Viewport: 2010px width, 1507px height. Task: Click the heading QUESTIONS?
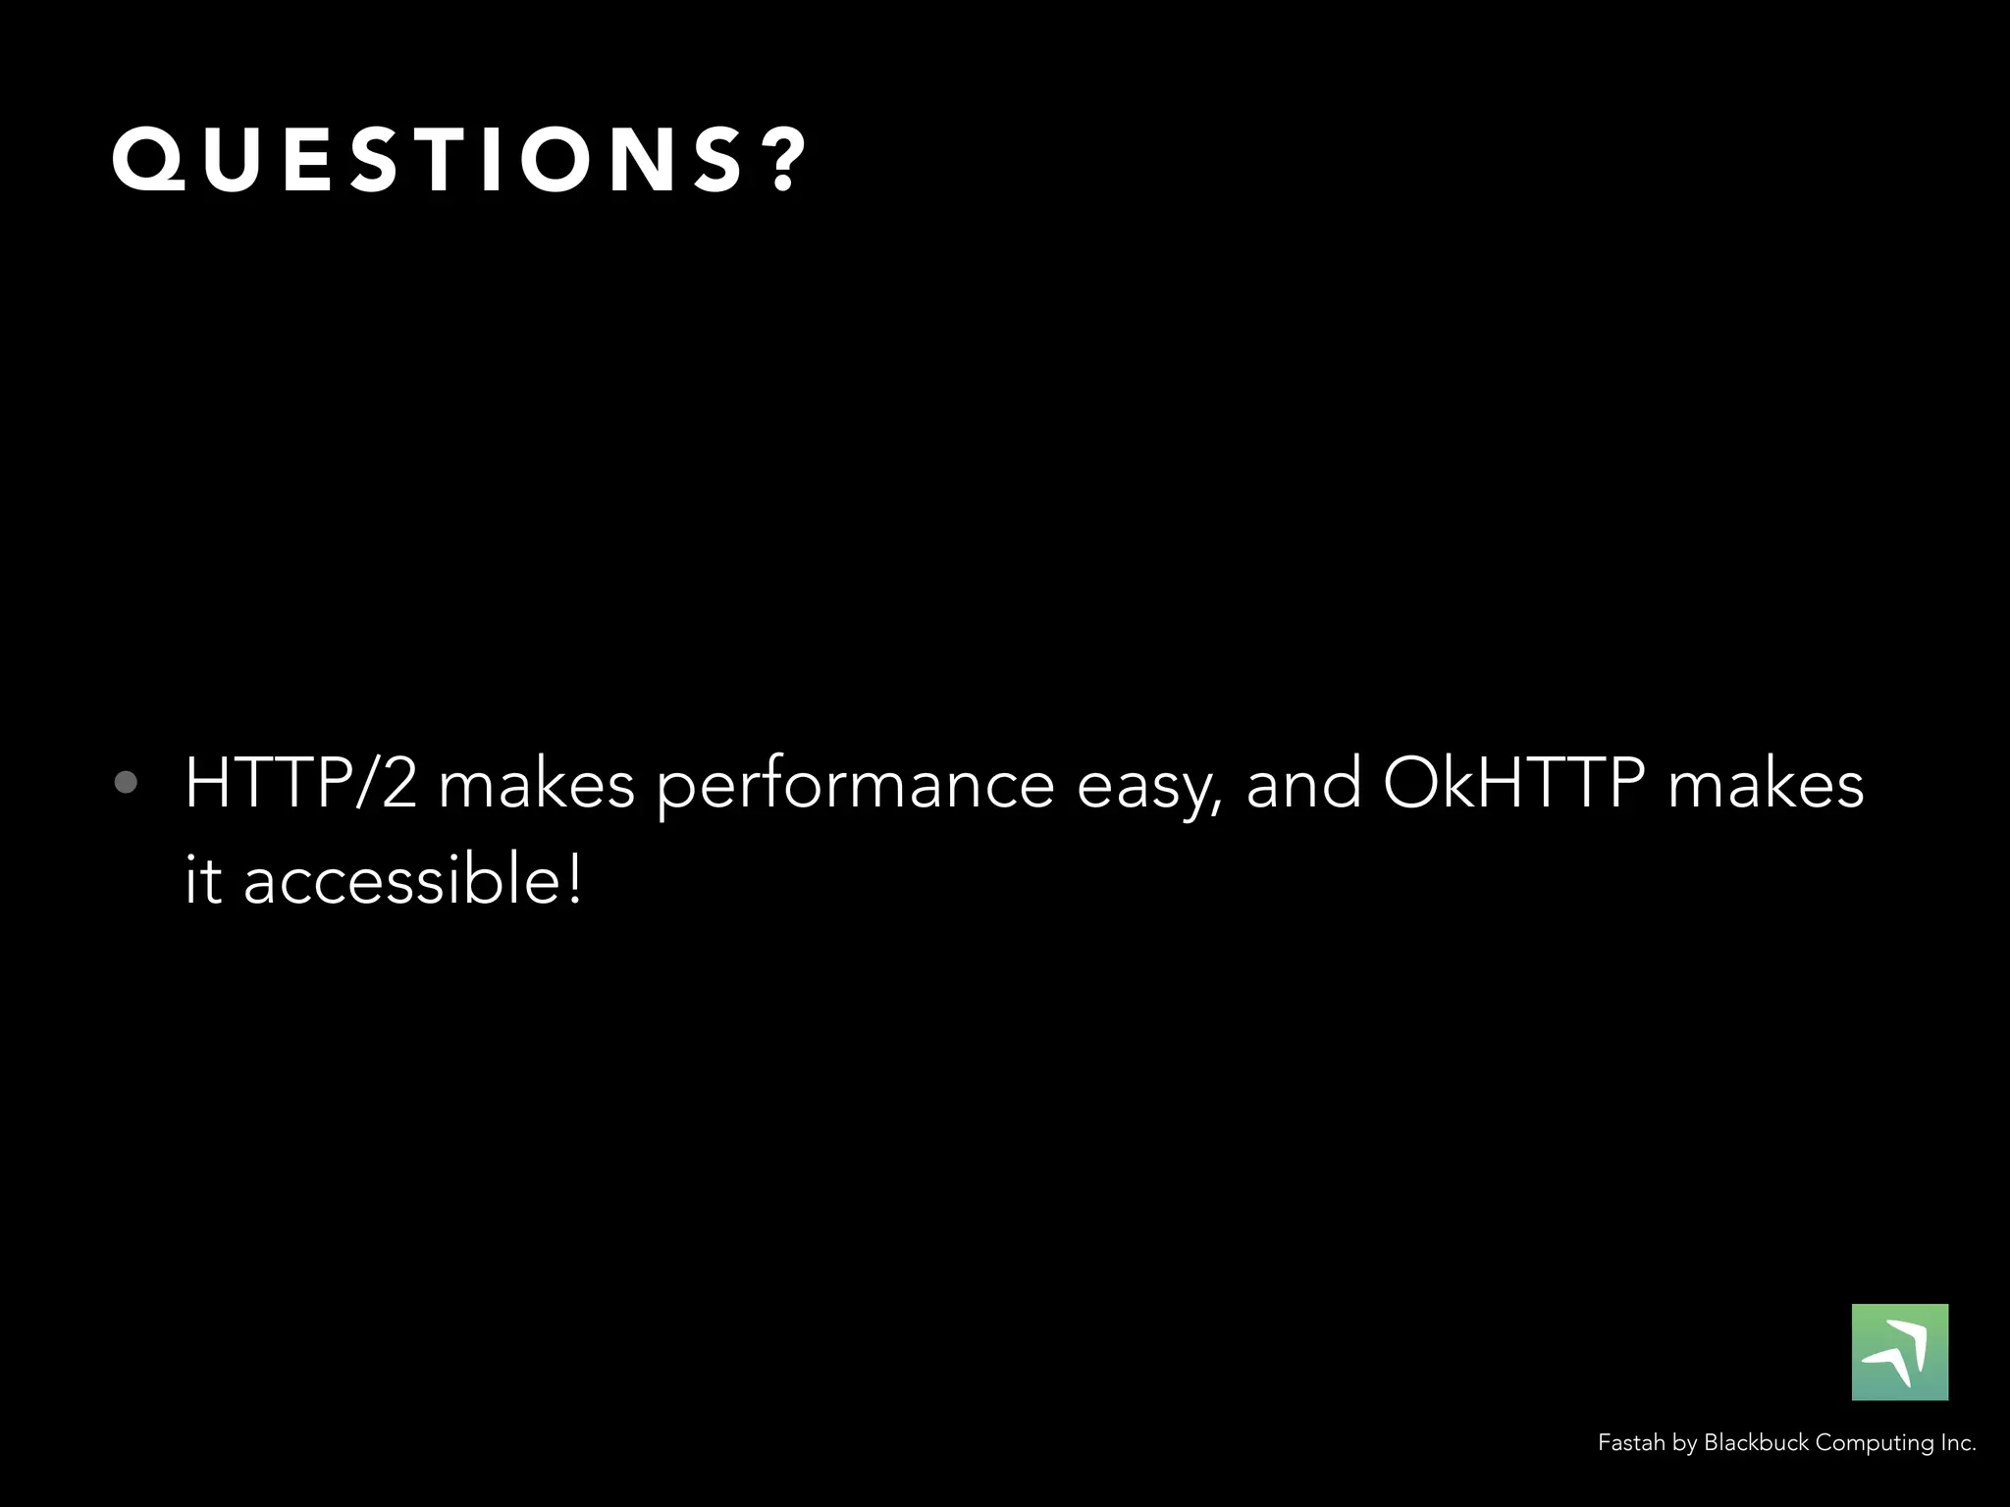point(459,159)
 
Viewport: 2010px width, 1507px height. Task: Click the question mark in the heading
point(786,159)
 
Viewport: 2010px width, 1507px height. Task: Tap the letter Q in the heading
point(148,159)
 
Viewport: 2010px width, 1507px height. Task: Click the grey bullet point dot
point(126,782)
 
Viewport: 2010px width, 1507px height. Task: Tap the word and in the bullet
point(1303,784)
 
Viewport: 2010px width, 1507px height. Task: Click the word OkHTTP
point(1513,784)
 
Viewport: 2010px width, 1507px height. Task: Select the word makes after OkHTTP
point(1766,786)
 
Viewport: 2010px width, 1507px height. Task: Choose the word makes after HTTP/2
point(537,786)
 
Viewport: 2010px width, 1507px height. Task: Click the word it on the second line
point(203,878)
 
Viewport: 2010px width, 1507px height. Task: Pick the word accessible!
point(412,878)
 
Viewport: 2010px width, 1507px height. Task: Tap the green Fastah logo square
point(1899,1351)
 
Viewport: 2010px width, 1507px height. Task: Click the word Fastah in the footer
point(1631,1443)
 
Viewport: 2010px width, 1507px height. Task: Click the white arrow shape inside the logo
point(1904,1351)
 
